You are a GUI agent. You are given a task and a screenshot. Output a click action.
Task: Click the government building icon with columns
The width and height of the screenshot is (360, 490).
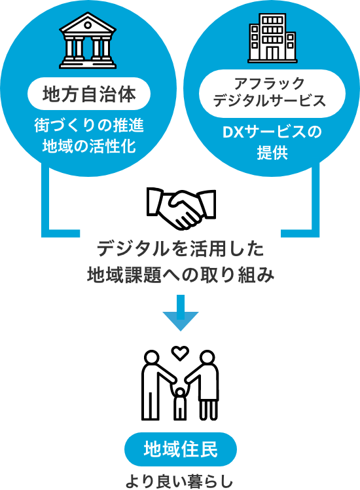click(x=88, y=41)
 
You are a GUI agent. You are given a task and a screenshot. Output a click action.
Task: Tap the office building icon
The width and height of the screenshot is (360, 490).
click(x=272, y=38)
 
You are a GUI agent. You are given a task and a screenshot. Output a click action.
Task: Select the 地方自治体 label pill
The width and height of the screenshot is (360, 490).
click(x=89, y=94)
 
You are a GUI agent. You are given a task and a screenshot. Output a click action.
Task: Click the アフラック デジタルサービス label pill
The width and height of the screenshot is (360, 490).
click(x=272, y=94)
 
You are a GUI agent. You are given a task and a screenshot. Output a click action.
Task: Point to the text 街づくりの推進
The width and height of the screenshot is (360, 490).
click(x=89, y=126)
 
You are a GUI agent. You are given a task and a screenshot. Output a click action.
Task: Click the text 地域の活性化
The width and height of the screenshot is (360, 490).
click(x=89, y=146)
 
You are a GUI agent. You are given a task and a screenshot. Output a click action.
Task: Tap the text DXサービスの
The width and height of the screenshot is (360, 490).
click(x=272, y=132)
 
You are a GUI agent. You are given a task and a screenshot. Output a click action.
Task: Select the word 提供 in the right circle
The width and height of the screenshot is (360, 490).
click(x=272, y=153)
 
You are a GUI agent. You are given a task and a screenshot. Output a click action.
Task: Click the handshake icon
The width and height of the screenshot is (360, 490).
click(x=181, y=208)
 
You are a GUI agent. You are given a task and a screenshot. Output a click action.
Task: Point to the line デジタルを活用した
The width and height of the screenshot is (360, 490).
click(x=181, y=249)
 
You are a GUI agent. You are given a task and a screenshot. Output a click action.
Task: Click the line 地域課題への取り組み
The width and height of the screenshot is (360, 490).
click(x=181, y=275)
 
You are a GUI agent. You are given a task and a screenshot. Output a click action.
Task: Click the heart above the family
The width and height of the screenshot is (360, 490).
click(x=181, y=353)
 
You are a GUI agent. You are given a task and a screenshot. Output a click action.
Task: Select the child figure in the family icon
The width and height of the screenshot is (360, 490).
click(x=180, y=403)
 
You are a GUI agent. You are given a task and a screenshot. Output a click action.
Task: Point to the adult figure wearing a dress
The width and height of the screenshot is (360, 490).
click(x=204, y=385)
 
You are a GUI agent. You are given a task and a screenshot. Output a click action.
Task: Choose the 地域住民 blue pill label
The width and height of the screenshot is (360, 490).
click(x=181, y=449)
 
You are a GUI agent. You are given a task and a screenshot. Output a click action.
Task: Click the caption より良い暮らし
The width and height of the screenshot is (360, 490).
click(x=179, y=481)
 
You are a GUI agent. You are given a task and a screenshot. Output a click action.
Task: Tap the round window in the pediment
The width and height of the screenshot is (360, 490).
click(x=88, y=25)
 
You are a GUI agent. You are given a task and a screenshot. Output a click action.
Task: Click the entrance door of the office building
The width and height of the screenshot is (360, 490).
click(x=272, y=54)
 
